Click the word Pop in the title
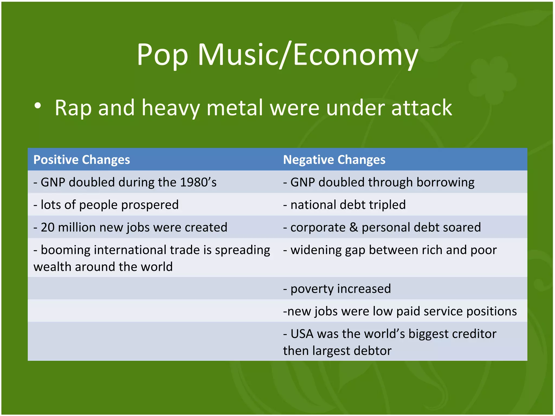click(x=162, y=56)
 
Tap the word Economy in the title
click(x=356, y=56)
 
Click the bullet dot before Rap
click(x=38, y=106)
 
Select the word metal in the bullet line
click(x=235, y=108)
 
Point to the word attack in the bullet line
click(x=422, y=108)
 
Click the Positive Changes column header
click(x=82, y=160)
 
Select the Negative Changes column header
click(x=334, y=160)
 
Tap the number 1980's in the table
click(x=198, y=182)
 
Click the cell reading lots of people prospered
click(x=106, y=204)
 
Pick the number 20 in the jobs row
click(x=48, y=227)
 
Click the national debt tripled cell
click(x=344, y=204)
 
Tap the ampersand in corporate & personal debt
click(x=354, y=227)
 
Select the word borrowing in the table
click(x=445, y=182)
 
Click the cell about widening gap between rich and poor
click(x=390, y=250)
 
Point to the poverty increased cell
click(x=337, y=289)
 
